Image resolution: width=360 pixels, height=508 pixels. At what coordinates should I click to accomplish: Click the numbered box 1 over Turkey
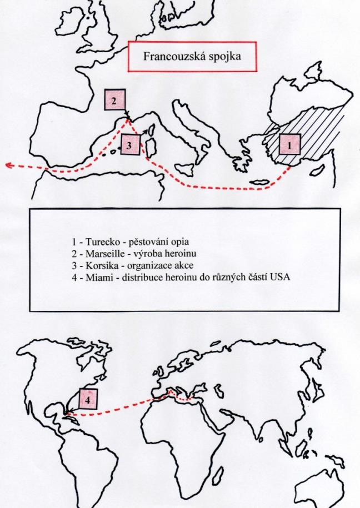289,145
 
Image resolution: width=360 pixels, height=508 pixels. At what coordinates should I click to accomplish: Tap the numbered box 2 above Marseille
114,100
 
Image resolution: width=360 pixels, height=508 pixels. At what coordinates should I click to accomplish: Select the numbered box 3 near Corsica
130,144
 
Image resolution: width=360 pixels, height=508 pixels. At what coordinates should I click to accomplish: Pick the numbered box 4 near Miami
88,399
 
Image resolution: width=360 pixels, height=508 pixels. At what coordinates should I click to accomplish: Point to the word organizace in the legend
148,266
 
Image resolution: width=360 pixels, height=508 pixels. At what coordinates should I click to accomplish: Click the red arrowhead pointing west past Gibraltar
10,165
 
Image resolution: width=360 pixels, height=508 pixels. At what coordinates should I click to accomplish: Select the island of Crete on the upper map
259,183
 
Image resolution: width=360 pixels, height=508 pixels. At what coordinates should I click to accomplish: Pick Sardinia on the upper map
151,148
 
